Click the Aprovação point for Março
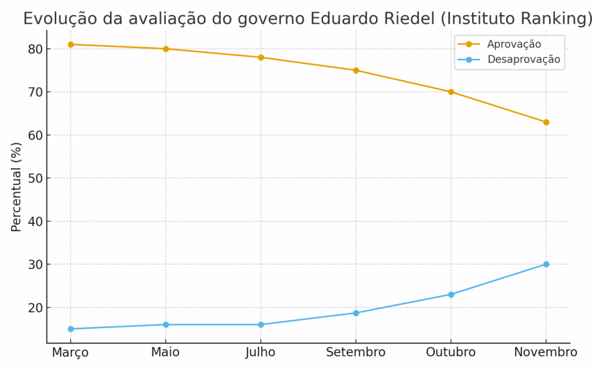[71, 45]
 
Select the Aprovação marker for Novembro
[546, 122]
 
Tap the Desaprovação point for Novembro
[546, 264]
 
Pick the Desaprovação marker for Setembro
[356, 313]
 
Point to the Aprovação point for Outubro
[451, 92]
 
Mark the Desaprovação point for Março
[71, 329]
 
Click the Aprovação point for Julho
[261, 57]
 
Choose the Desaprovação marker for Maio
[165, 324]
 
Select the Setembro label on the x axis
[356, 353]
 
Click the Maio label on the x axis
[165, 353]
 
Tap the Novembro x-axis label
[546, 353]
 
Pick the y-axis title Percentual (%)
[16, 186]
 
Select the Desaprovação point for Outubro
[451, 294]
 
